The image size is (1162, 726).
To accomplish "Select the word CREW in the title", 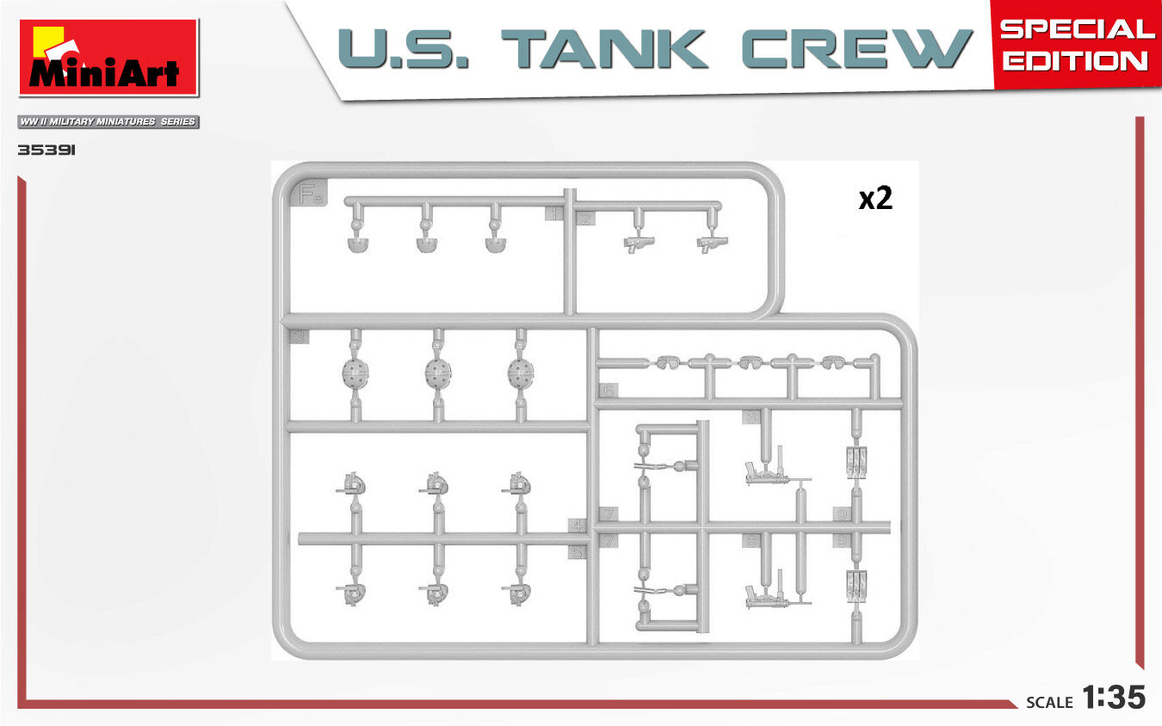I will (857, 50).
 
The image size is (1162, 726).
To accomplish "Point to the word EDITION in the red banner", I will (1075, 60).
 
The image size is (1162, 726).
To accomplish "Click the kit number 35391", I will (48, 150).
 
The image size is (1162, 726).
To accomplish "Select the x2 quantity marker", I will (875, 199).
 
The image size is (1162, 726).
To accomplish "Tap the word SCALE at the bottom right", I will (1049, 702).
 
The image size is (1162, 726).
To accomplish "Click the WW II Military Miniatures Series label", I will (108, 122).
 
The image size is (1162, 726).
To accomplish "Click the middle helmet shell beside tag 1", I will (427, 244).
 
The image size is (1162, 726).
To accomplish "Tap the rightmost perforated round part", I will (519, 372).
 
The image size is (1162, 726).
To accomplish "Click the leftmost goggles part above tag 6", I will (666, 362).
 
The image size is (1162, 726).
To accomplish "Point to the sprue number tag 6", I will (609, 391).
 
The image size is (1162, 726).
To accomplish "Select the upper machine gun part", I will (766, 470).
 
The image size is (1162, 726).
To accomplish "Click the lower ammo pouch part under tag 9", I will (857, 584).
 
